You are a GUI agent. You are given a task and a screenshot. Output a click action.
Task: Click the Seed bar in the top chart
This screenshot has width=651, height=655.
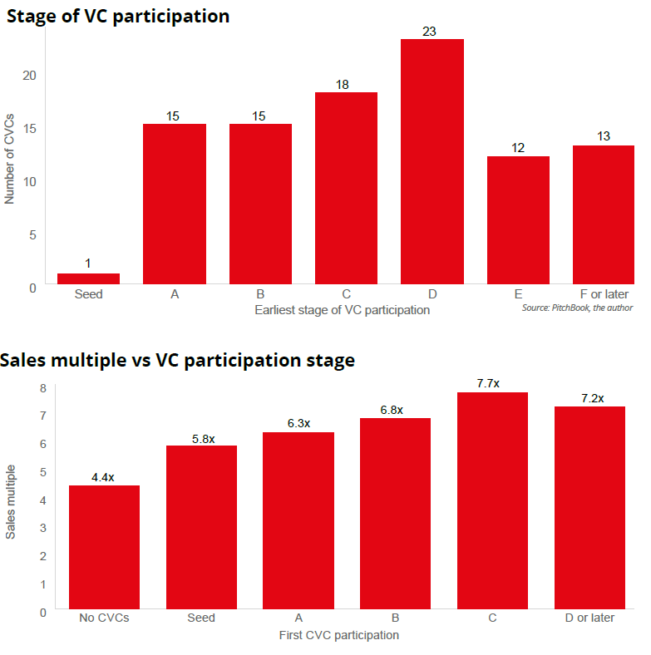coord(88,278)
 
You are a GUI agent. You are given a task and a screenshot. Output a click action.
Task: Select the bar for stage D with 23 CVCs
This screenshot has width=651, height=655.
coord(432,161)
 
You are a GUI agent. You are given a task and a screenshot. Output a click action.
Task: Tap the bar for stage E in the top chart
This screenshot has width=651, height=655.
coord(518,220)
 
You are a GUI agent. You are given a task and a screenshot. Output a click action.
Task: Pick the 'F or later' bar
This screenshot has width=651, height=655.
coord(604,214)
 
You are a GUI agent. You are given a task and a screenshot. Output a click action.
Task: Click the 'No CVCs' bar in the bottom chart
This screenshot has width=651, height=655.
coord(104,548)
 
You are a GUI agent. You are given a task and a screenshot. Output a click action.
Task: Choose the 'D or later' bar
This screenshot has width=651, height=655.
coord(589,508)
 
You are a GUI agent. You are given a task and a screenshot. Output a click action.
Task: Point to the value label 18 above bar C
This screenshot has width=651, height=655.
coord(346,84)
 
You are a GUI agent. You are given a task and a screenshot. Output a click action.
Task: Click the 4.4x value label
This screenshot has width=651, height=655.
coord(104,477)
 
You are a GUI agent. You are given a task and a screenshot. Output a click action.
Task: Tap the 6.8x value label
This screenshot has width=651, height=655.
coord(395,410)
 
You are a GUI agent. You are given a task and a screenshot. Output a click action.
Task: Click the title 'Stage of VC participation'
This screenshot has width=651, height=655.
coord(118,16)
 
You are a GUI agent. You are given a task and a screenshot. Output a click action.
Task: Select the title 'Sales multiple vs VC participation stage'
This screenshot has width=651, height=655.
coord(178,361)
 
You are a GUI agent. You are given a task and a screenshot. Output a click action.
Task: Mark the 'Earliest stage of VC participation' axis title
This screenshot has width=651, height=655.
coord(343,310)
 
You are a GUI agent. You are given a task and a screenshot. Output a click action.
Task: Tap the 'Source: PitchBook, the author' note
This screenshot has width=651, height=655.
coord(577,308)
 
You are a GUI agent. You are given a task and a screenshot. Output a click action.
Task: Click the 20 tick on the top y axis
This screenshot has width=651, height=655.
coord(30,75)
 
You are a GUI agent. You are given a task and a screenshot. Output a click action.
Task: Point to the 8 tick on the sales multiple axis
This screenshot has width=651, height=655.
coord(43,387)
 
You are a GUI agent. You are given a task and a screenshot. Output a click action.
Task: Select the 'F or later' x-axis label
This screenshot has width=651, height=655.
coord(604,294)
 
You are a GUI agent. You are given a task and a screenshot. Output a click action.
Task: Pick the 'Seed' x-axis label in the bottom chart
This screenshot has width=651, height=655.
coord(201,618)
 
